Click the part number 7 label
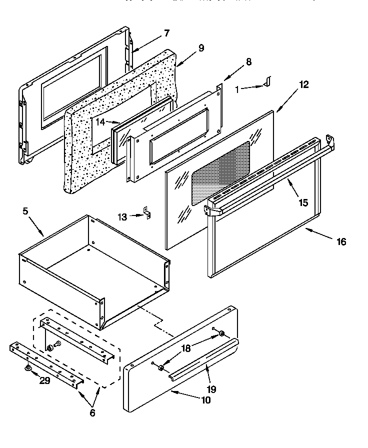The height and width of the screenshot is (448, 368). coord(167,33)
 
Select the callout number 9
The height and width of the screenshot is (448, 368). coord(201,48)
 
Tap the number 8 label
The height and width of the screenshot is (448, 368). coord(248,62)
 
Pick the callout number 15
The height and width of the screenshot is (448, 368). coord(303,203)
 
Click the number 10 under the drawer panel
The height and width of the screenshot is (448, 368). coord(205,400)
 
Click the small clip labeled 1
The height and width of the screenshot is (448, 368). coord(267,81)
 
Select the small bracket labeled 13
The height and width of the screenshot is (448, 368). coord(147,213)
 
